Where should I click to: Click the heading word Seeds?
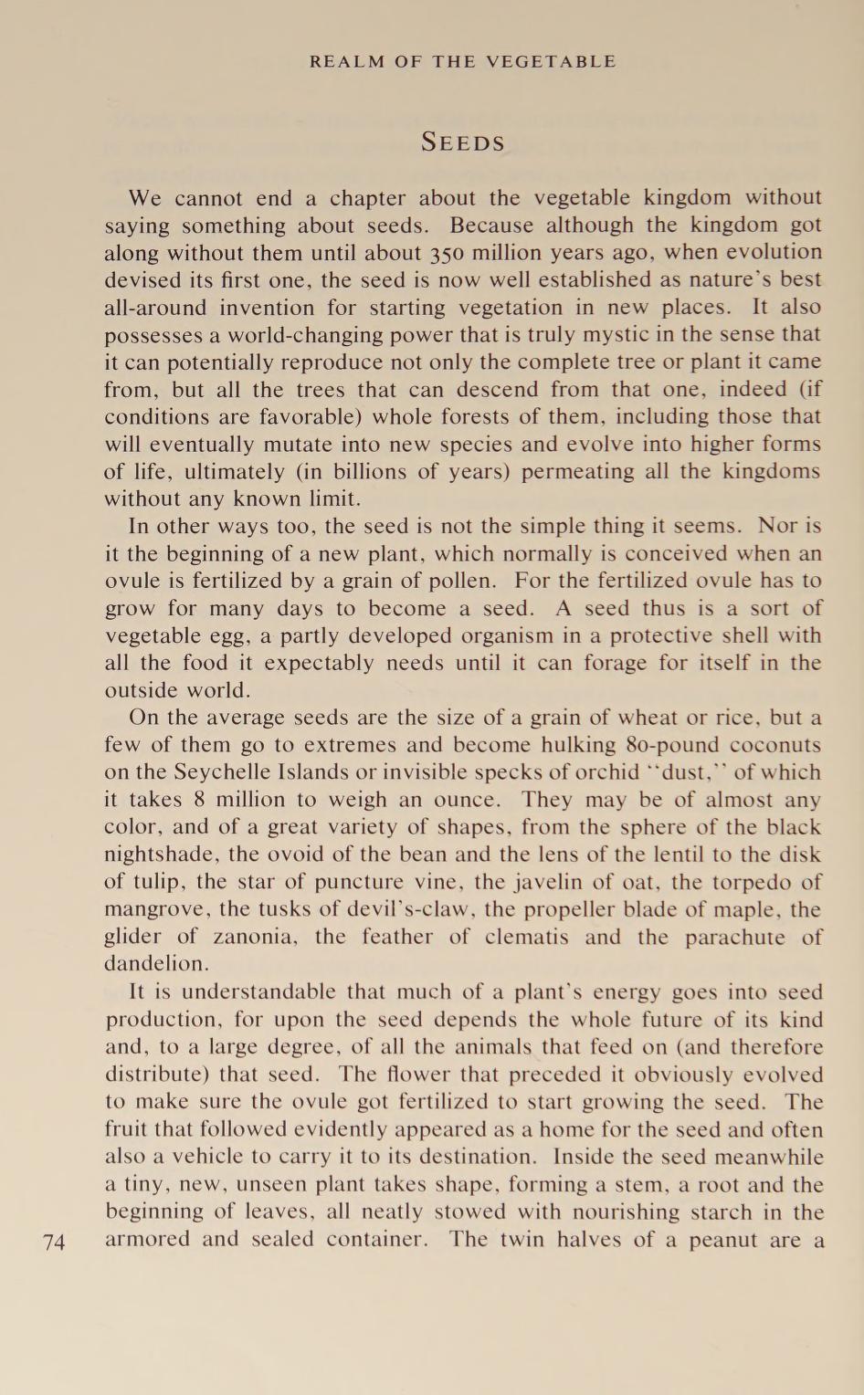tap(462, 142)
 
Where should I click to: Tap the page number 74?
tap(54, 1242)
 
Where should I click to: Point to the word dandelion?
tap(156, 964)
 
